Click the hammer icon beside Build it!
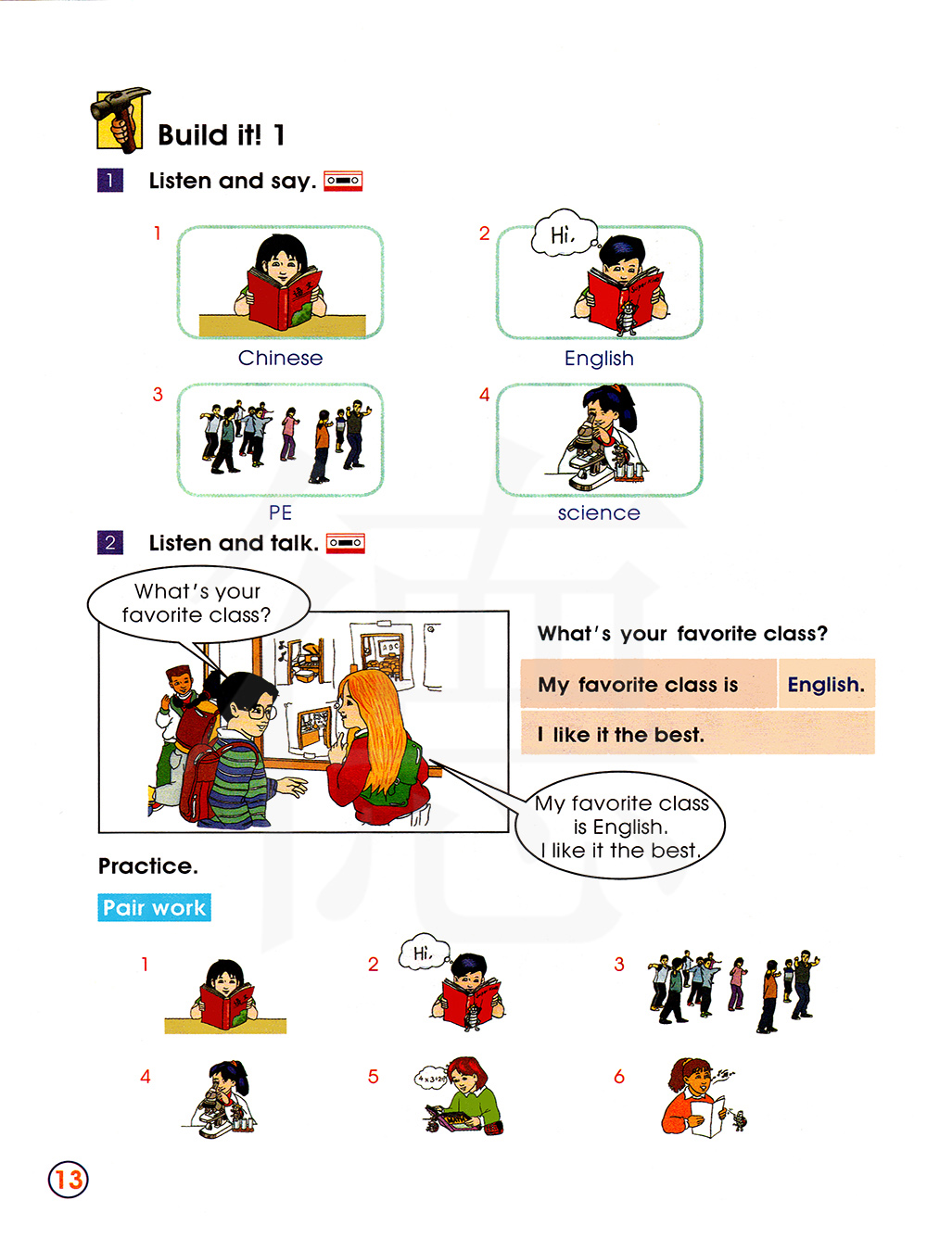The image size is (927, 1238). (121, 120)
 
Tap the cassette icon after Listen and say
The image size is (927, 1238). (342, 181)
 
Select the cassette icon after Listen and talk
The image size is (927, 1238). (345, 543)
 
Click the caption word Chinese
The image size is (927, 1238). (280, 358)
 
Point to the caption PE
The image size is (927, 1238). (280, 512)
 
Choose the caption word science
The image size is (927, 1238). (599, 512)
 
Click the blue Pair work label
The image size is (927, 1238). (154, 907)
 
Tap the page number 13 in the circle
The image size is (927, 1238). (69, 1179)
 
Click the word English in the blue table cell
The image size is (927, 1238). (826, 684)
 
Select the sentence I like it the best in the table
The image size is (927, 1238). (621, 734)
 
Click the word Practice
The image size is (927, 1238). (147, 865)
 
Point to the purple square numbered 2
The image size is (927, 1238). (110, 543)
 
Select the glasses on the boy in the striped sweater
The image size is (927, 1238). (261, 712)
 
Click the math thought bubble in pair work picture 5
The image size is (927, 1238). (432, 1079)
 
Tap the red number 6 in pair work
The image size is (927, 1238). (619, 1077)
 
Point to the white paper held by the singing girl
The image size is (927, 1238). (707, 1116)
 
